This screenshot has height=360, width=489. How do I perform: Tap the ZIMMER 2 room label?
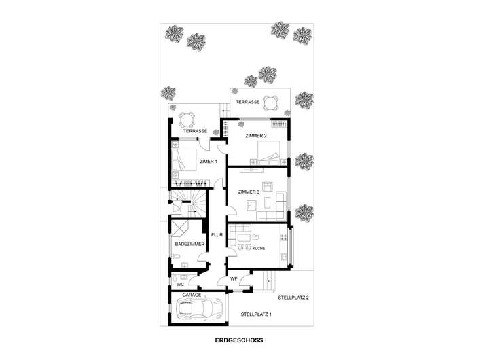[256, 137]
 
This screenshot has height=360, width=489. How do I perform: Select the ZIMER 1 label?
[208, 162]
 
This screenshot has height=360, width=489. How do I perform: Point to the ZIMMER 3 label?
[249, 192]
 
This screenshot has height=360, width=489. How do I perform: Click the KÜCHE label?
[258, 249]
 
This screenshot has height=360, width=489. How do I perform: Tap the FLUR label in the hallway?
[217, 236]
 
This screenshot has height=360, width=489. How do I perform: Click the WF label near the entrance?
[233, 278]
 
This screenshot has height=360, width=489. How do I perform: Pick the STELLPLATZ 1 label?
[256, 314]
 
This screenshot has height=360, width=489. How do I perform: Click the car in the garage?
[200, 310]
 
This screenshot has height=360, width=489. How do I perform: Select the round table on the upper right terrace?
[271, 102]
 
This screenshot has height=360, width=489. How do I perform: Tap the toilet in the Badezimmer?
[175, 257]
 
